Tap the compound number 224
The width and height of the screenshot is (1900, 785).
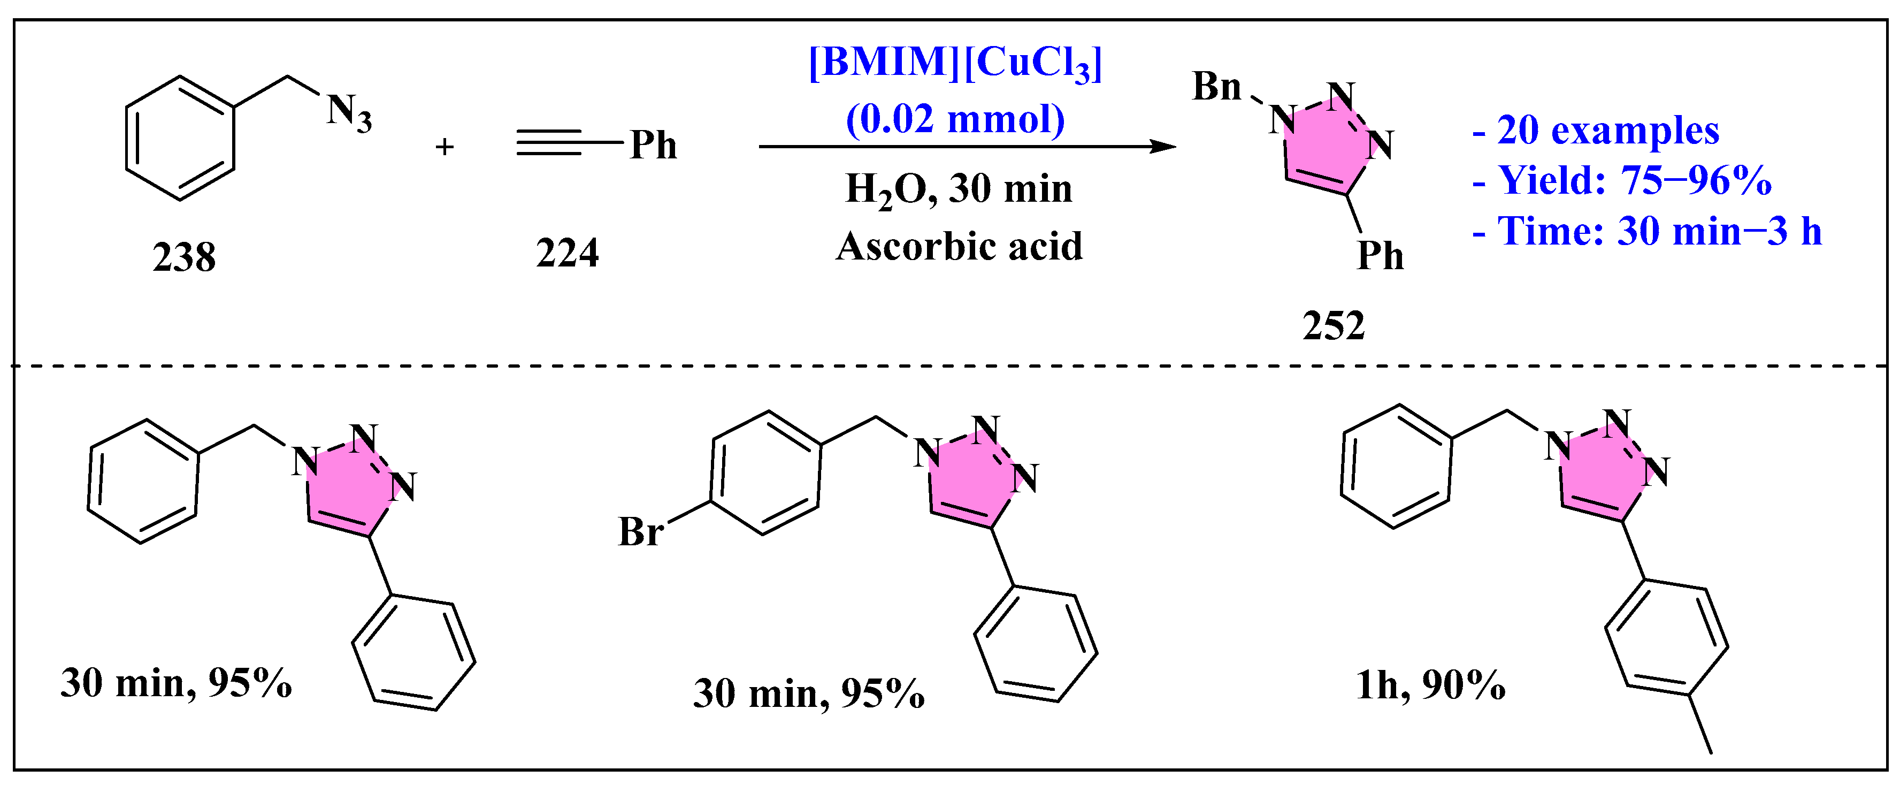click(566, 253)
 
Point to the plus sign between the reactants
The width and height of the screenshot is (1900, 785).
click(444, 147)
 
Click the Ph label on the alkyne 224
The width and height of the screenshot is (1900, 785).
click(653, 146)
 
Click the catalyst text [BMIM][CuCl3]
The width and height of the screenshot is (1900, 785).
click(955, 63)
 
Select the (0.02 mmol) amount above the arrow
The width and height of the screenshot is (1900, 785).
click(955, 119)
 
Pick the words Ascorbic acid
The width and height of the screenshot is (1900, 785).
click(959, 247)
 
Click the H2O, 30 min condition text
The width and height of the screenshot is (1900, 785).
click(959, 189)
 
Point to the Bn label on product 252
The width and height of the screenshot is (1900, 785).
click(1216, 87)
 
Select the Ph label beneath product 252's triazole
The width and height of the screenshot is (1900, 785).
click(1380, 256)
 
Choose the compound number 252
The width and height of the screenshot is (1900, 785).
click(1333, 326)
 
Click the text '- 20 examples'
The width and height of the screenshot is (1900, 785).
click(1596, 131)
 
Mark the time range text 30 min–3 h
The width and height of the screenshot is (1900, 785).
click(1719, 232)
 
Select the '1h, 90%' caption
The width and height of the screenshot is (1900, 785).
click(1430, 685)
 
